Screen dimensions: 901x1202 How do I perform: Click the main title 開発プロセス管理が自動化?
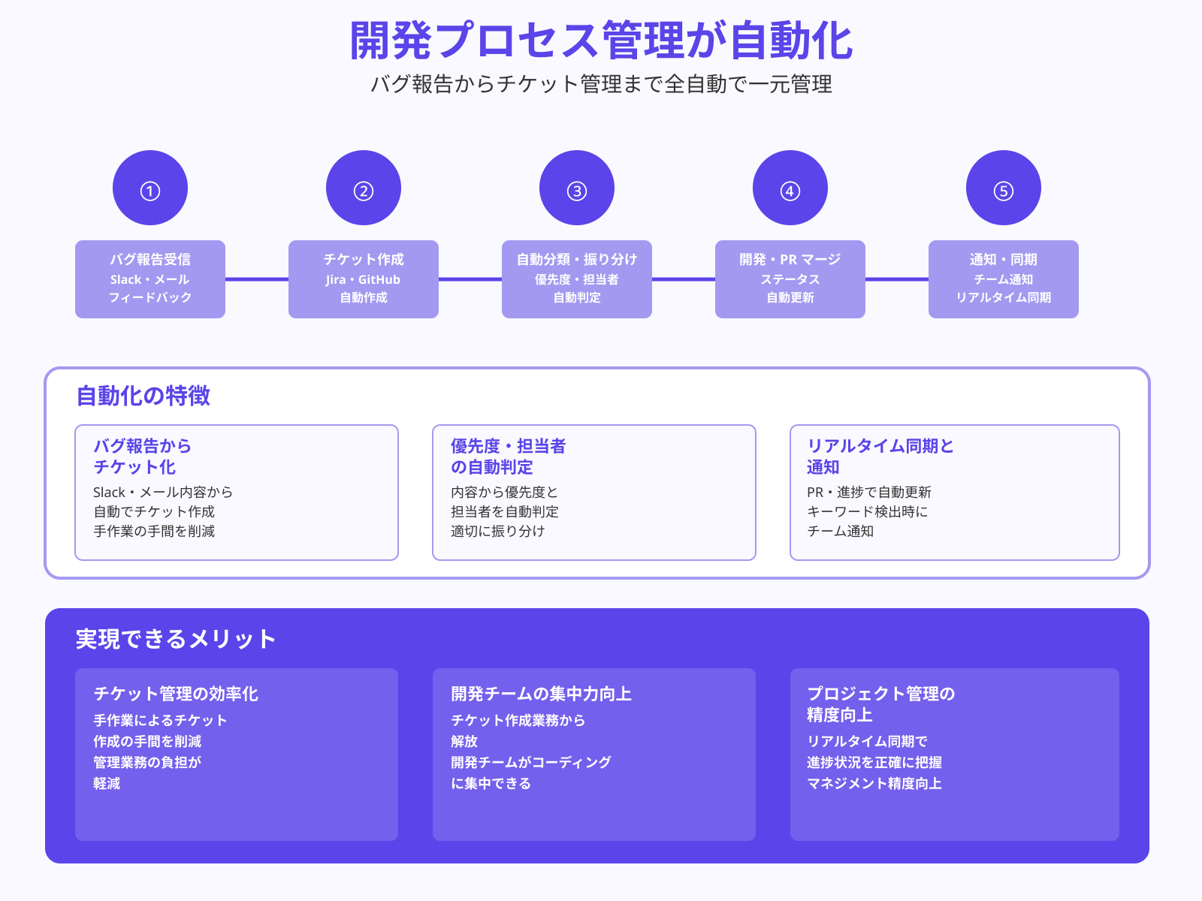click(601, 41)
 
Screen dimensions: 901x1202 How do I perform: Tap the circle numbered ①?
click(150, 188)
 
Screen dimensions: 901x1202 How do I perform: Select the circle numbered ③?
click(577, 188)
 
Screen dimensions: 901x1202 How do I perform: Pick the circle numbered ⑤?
click(1004, 188)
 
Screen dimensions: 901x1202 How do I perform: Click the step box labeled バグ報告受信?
click(150, 279)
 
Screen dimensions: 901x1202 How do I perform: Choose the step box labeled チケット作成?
click(364, 279)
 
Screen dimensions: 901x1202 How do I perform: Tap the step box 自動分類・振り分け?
click(577, 279)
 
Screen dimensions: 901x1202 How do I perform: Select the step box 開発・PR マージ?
click(790, 279)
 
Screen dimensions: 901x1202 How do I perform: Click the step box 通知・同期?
click(1004, 279)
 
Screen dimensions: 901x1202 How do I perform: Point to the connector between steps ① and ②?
click(257, 279)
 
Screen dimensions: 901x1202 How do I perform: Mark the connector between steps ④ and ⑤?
click(897, 279)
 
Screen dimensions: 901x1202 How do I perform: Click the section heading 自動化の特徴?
click(143, 396)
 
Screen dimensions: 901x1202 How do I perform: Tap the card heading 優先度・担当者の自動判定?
click(508, 457)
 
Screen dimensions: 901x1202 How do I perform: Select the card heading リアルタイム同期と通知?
click(880, 457)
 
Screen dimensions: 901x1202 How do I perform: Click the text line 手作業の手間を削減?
click(154, 532)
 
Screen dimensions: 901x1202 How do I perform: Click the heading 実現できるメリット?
click(176, 639)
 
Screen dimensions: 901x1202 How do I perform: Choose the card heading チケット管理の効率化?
click(176, 694)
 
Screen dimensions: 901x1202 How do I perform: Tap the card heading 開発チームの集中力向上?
click(541, 694)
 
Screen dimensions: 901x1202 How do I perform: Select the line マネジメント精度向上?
click(874, 784)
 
